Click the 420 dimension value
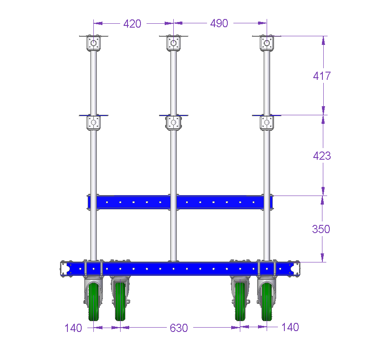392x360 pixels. [132, 24]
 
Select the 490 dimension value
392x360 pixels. [219, 23]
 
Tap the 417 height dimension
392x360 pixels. [322, 76]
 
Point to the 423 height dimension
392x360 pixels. [322, 156]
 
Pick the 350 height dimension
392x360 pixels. [321, 229]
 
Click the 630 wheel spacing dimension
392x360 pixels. [179, 328]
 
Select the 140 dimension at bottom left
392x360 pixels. [73, 328]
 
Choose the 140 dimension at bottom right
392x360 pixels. [290, 327]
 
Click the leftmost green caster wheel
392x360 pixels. [94, 302]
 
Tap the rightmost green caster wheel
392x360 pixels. [267, 302]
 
